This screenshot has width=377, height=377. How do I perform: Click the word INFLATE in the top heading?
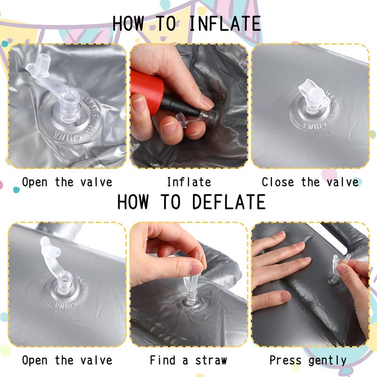pyautogui.click(x=225, y=23)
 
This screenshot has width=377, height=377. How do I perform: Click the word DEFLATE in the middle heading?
pyautogui.click(x=229, y=202)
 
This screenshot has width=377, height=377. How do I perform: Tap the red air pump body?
pyautogui.click(x=147, y=89)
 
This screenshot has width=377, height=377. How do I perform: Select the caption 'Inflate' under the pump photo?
pyautogui.click(x=189, y=182)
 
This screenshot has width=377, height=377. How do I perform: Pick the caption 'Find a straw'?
pyautogui.click(x=188, y=360)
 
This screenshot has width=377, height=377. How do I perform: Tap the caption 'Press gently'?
pyautogui.click(x=308, y=360)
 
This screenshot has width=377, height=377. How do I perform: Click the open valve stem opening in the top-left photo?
pyautogui.click(x=70, y=98)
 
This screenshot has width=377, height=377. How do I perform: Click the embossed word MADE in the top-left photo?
pyautogui.click(x=91, y=106)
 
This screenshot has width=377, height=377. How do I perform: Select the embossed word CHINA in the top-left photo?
pyautogui.click(x=67, y=136)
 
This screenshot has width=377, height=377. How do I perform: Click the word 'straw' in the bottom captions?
pyautogui.click(x=211, y=360)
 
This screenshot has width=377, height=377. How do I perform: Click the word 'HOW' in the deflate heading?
pyautogui.click(x=133, y=202)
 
